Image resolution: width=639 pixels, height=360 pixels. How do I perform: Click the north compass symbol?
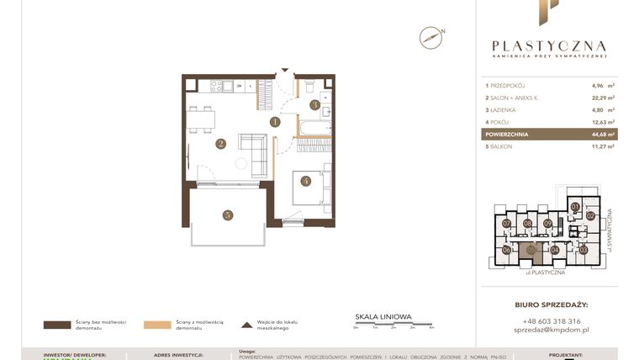point(431,37)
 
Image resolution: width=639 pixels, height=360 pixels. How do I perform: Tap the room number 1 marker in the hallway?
point(275,121)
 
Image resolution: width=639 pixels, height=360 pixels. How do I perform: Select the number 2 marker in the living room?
point(220,144)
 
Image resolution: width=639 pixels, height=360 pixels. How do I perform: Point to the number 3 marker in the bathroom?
point(314,105)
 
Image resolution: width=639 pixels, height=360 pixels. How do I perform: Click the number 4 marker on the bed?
point(306,180)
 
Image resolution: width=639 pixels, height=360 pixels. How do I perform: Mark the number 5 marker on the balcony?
point(227,214)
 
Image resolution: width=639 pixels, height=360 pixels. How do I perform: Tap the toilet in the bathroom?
point(310,87)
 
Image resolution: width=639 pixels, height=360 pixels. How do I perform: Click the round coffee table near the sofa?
point(242,163)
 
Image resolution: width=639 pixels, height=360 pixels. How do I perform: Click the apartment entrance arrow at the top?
point(284,70)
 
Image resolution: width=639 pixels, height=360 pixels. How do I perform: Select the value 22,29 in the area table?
point(599,98)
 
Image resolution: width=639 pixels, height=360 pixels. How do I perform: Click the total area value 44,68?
point(599,134)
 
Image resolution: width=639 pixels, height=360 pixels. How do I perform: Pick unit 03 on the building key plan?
point(583,250)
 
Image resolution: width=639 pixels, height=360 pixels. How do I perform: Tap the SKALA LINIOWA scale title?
point(383,317)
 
